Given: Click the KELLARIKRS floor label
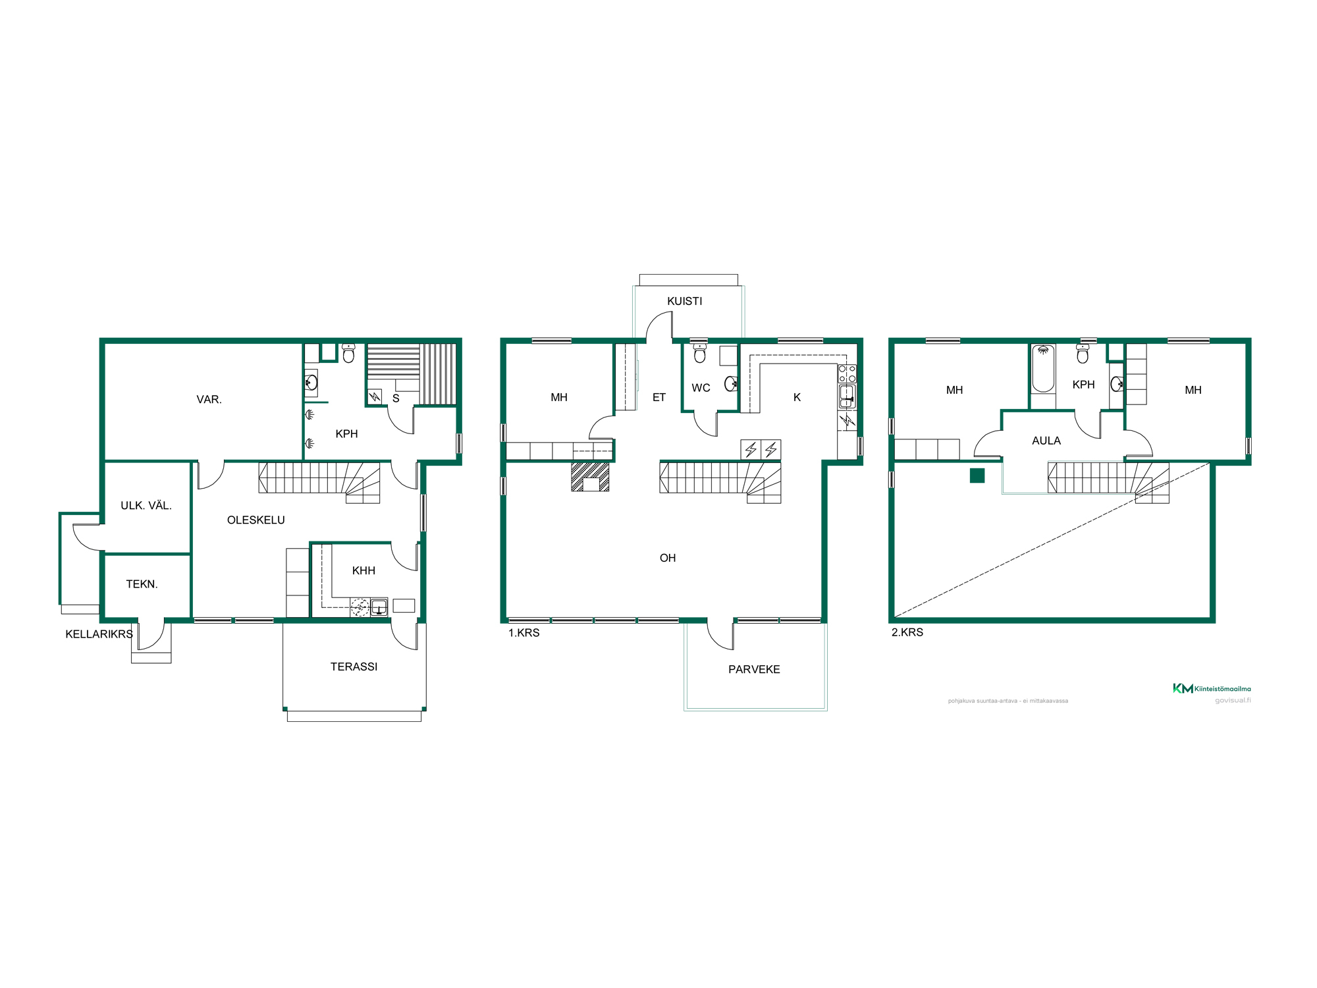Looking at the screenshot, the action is [x=99, y=634].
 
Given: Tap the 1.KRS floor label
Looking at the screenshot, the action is [x=524, y=633].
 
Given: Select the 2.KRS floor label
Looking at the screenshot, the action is [x=907, y=632].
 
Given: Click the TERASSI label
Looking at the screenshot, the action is [x=354, y=667].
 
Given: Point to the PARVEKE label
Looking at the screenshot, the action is [x=754, y=669].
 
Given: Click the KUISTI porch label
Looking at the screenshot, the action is [x=685, y=301].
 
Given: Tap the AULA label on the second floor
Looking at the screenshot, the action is [x=1046, y=441].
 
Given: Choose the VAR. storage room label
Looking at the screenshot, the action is [x=209, y=399].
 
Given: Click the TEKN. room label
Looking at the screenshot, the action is [x=142, y=584].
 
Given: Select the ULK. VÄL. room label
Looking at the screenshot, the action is [x=146, y=505].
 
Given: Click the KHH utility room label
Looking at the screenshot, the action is [x=363, y=570].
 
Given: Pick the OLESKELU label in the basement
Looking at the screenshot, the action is [x=255, y=520].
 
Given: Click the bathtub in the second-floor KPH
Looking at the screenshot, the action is [x=1043, y=368].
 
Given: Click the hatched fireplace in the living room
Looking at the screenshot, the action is [x=590, y=477].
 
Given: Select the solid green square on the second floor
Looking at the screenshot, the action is [x=977, y=475].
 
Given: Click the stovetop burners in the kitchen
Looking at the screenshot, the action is [x=847, y=374].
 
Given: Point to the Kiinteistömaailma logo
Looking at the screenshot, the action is [x=1212, y=688].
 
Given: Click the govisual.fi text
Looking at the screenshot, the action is [x=1233, y=700].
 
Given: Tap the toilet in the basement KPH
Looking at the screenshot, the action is [x=348, y=353].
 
